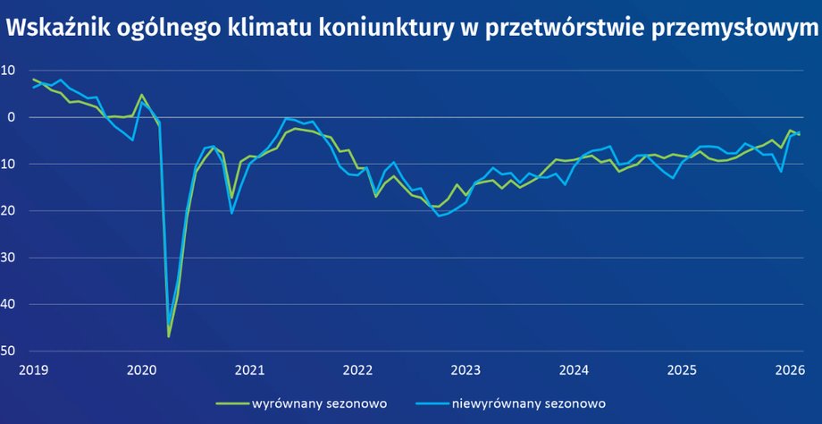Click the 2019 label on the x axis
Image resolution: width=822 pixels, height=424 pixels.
click(32, 369)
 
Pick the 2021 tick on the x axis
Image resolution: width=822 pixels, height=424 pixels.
click(249, 369)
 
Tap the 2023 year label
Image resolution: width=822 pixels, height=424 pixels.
click(466, 369)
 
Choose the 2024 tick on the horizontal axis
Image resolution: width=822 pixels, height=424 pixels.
click(574, 369)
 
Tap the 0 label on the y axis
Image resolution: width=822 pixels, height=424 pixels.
click(11, 117)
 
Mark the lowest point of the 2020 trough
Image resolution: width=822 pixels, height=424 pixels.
click(168, 336)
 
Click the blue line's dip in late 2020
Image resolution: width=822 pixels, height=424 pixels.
click(231, 212)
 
